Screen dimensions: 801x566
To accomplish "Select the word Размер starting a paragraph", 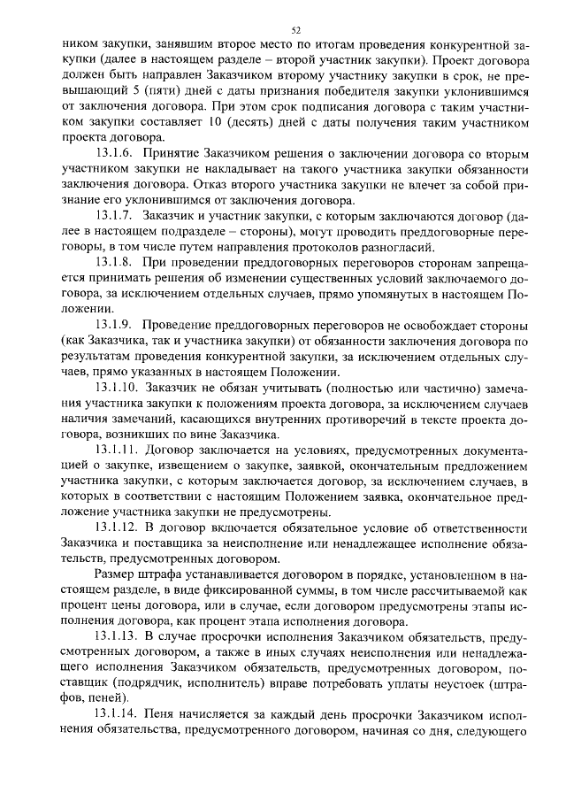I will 116,574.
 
